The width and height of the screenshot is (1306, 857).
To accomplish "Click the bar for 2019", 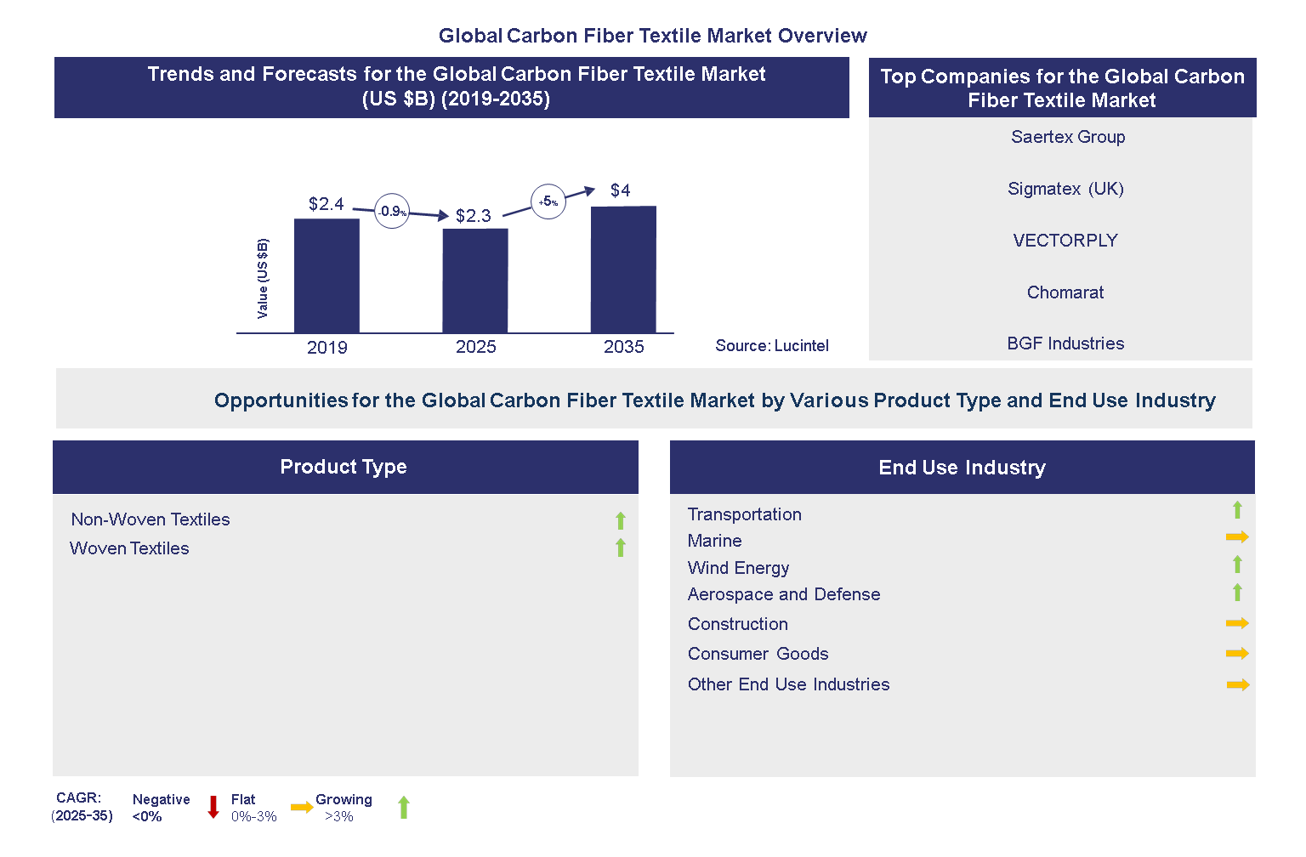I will (x=326, y=275).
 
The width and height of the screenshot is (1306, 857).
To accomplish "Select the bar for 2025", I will (x=475, y=281).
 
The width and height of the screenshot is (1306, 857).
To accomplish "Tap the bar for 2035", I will (x=623, y=270).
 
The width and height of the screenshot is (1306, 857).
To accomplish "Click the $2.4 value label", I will (x=326, y=204).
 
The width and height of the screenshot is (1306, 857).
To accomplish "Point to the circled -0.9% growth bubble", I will (x=392, y=211).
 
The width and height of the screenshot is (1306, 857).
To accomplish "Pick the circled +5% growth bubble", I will (x=548, y=201).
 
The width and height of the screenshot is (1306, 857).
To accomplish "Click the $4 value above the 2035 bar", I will (x=621, y=190).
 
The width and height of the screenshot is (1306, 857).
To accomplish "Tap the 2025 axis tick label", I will (x=475, y=347).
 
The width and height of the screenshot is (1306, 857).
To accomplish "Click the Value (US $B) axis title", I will (x=263, y=279).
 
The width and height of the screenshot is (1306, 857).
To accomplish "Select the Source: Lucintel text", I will (x=771, y=346).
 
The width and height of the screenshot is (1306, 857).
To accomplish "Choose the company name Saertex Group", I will (x=1068, y=137).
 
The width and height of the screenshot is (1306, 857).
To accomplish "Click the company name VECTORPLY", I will (x=1065, y=241).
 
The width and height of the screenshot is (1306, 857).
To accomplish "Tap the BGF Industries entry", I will (x=1065, y=343).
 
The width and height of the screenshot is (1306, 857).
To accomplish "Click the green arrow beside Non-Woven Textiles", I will (x=621, y=520).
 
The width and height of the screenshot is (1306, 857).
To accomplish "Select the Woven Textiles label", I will (x=129, y=548).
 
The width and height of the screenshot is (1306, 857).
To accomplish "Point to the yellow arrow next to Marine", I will (x=1237, y=537).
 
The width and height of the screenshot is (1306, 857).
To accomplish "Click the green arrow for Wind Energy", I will (x=1237, y=565).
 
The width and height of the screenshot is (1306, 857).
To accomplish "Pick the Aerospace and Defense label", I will (x=784, y=594).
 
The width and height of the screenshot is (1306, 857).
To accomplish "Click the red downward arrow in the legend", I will (x=213, y=807).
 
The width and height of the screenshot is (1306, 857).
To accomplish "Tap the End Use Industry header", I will (x=962, y=468).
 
